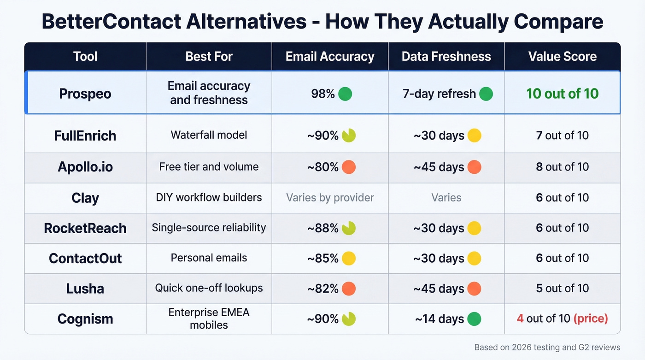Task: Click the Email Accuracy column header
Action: pyautogui.click(x=330, y=57)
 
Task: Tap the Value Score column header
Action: pyautogui.click(x=562, y=57)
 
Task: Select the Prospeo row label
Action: pyautogui.click(x=85, y=94)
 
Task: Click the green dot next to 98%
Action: pyautogui.click(x=345, y=94)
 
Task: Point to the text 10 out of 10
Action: pyautogui.click(x=562, y=94)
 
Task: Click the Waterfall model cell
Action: pyautogui.click(x=209, y=135)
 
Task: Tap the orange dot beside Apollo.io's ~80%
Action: pyautogui.click(x=349, y=167)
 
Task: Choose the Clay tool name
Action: pyautogui.click(x=85, y=198)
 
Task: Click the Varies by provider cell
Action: pyautogui.click(x=330, y=198)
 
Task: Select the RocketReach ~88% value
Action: pyautogui.click(x=323, y=228)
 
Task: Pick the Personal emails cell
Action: pyautogui.click(x=209, y=258)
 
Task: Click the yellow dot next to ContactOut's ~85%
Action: pyautogui.click(x=349, y=258)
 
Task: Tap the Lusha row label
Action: pyautogui.click(x=85, y=289)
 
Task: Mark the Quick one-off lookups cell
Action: pyautogui.click(x=209, y=288)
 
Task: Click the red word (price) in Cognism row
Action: pyautogui.click(x=591, y=319)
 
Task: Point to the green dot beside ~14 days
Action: pyautogui.click(x=474, y=319)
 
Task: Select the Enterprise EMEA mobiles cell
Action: pyautogui.click(x=209, y=319)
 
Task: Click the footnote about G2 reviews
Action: pyautogui.click(x=547, y=348)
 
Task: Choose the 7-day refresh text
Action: pyautogui.click(x=439, y=94)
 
